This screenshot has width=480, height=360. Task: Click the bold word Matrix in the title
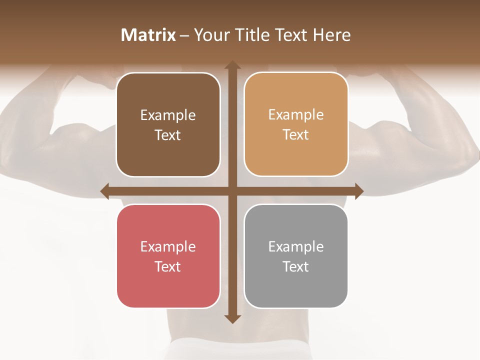click(148, 35)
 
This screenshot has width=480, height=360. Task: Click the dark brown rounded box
click(168, 124)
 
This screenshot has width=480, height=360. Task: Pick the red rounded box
click(168, 256)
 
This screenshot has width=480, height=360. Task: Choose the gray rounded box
click(296, 256)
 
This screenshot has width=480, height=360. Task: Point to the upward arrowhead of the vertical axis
click(232, 65)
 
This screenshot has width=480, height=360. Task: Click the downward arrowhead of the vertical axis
click(232, 318)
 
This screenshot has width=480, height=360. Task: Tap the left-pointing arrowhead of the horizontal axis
click(105, 191)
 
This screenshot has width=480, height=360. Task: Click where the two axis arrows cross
click(232, 191)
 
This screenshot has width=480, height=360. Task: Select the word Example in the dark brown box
click(168, 115)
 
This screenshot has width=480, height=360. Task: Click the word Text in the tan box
click(296, 135)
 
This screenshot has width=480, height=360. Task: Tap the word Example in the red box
click(168, 246)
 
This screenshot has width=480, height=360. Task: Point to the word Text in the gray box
click(296, 266)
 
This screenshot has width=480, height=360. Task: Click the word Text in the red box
click(168, 266)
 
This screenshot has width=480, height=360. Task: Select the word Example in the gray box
click(296, 246)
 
